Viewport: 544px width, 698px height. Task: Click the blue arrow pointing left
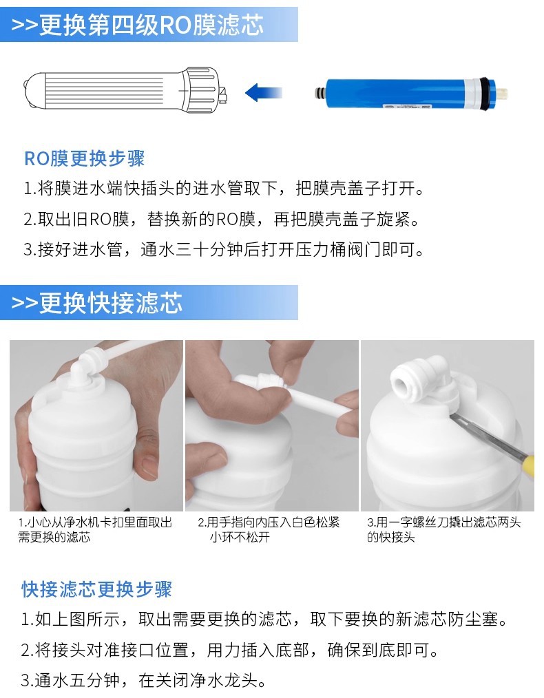coord(263,93)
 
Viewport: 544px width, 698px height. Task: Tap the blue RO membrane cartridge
coord(411,94)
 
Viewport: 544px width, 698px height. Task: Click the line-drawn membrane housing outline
coord(125,90)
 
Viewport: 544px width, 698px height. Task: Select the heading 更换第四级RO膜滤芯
coord(151,25)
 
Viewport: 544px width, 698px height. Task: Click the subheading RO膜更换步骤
coord(84,158)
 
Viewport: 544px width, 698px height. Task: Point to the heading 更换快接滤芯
coord(111,303)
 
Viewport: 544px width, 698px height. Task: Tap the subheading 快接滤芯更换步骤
coord(96,589)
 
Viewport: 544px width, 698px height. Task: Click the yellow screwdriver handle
coord(528,465)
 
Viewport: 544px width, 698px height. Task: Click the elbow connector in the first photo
coord(89,368)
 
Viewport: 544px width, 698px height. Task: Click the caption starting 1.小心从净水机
coord(95,530)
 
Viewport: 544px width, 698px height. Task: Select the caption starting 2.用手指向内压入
coord(269,530)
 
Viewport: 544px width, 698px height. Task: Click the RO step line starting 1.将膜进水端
coord(224,189)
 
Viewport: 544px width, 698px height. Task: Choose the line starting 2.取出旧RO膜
coord(221,219)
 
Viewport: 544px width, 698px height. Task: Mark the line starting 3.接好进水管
coord(224,249)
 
